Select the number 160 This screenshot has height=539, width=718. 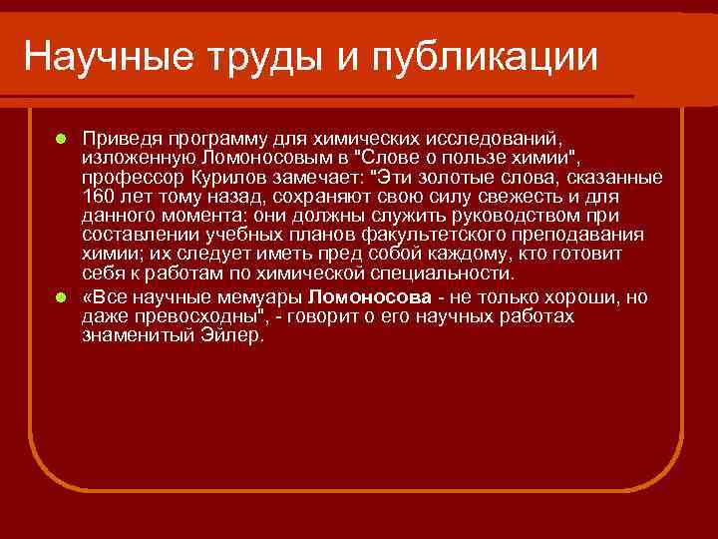pos(99,196)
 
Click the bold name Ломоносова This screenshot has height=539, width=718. pos(370,298)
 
